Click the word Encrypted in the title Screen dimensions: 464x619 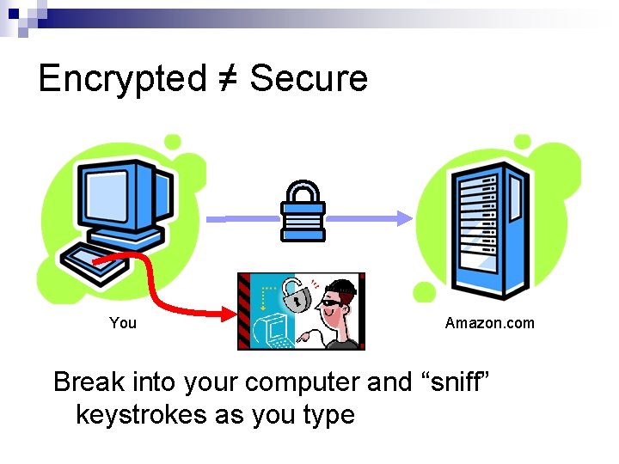point(121,79)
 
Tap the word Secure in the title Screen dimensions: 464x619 point(309,78)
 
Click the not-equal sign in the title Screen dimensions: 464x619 point(227,79)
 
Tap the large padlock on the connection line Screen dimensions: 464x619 point(303,210)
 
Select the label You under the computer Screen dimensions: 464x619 point(123,323)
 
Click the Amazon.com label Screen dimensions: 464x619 point(489,323)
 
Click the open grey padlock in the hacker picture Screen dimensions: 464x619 point(297,296)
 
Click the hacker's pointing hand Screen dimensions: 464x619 point(303,339)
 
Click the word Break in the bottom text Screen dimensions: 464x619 point(88,382)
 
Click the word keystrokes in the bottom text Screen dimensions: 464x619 point(141,414)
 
